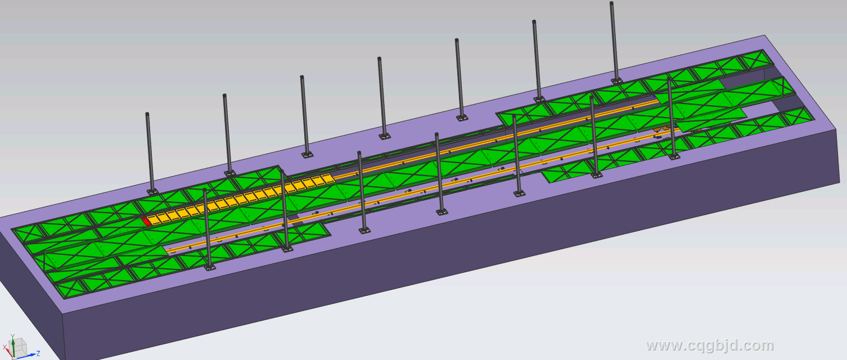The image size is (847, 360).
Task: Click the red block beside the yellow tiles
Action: (x=146, y=222)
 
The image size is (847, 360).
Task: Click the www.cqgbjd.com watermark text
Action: (x=710, y=345)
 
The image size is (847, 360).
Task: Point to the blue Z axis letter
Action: (x=38, y=354)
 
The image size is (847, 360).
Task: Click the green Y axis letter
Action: (x=12, y=336)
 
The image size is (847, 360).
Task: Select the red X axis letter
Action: (x=5, y=347)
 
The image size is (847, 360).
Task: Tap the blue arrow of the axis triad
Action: (x=27, y=355)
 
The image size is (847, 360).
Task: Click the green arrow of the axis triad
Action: (x=13, y=346)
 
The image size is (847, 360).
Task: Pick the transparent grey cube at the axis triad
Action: (x=19, y=347)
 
